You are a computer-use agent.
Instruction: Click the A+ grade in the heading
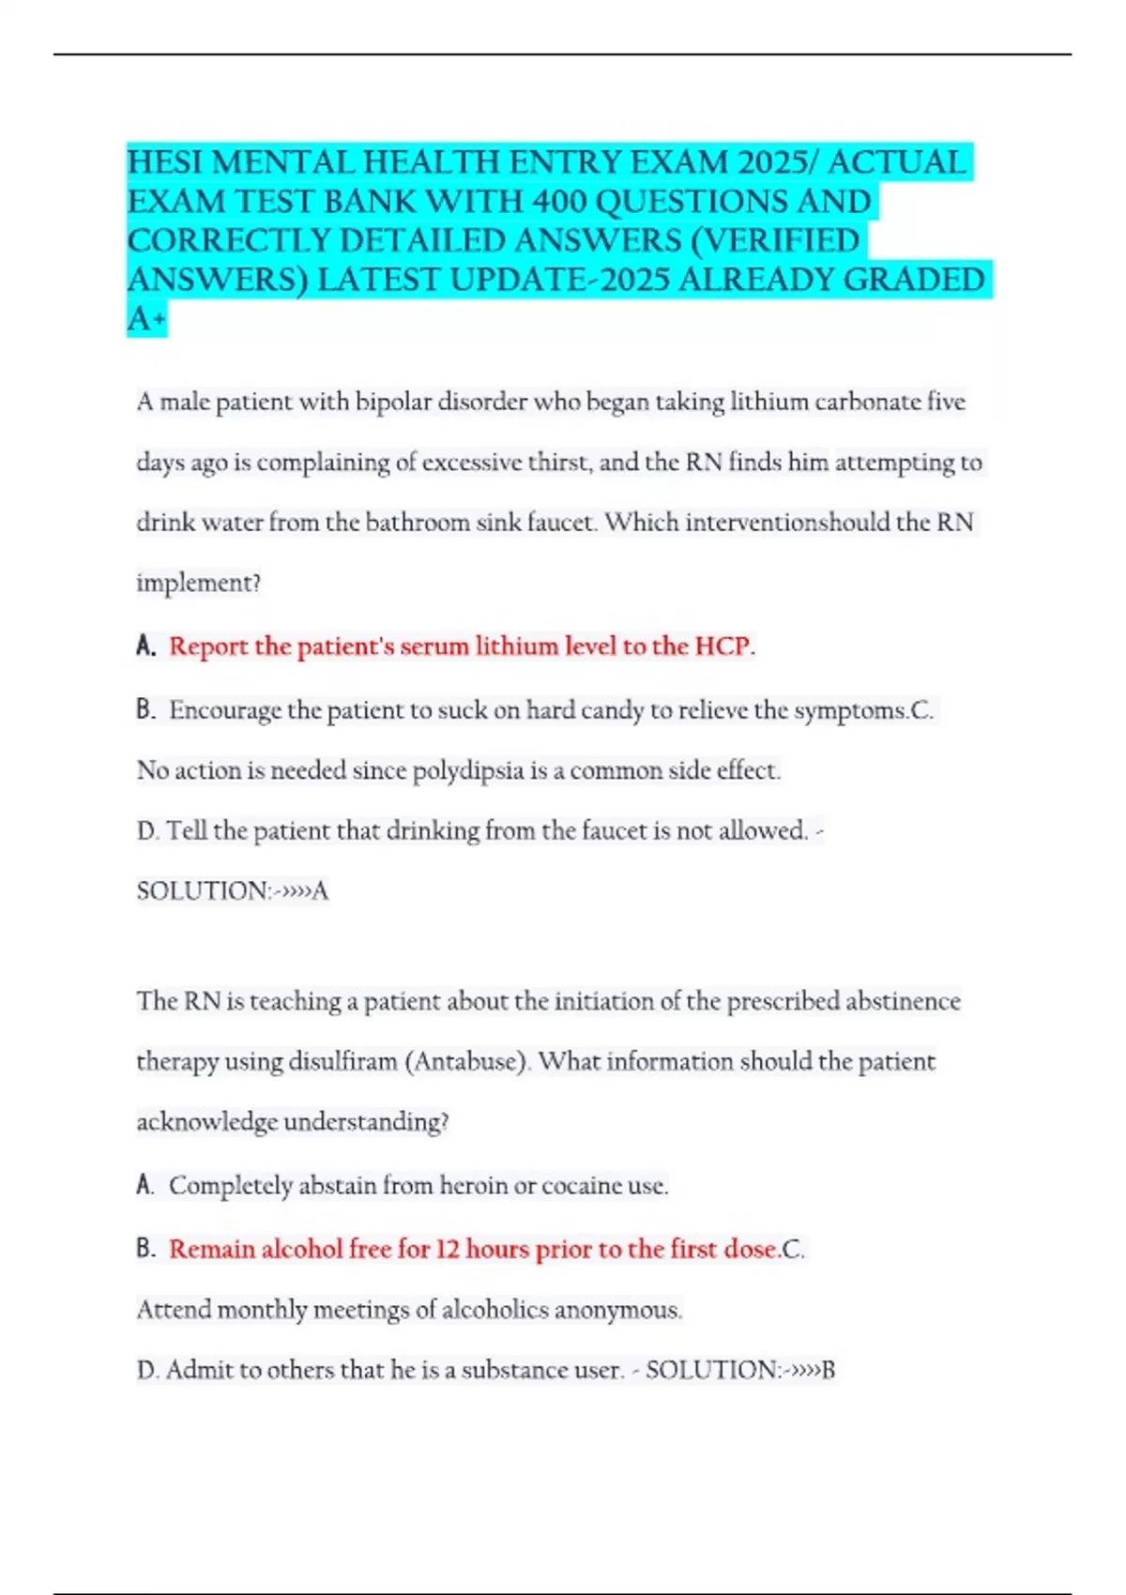(x=145, y=320)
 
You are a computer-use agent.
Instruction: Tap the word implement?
(x=198, y=584)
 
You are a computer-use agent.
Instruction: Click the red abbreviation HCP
(x=724, y=646)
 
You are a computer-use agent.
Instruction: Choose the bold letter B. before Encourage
(x=145, y=710)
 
